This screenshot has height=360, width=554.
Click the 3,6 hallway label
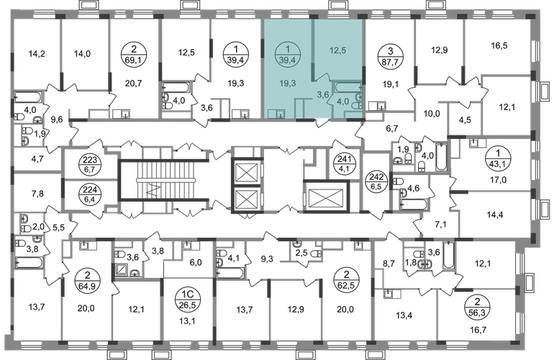tap(323, 94)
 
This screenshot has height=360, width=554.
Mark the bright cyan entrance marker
tap(320, 120)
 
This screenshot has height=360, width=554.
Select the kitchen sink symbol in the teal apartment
tap(274, 113)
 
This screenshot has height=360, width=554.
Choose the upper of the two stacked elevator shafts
tap(247, 172)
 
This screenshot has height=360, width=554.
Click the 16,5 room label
tap(497, 45)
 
